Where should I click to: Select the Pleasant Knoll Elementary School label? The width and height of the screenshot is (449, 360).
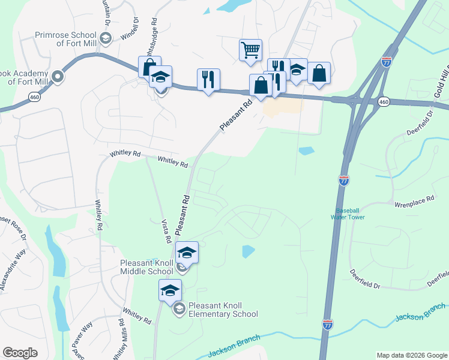click(223, 310)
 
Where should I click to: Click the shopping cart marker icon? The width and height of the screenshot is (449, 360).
click(250, 49)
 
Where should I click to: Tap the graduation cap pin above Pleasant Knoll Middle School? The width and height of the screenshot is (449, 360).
click(187, 253)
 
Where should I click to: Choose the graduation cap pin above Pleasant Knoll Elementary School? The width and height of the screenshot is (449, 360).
click(170, 290)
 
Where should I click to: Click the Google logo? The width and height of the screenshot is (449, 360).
click(20, 353)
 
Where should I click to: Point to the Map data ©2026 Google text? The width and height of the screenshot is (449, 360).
click(412, 355)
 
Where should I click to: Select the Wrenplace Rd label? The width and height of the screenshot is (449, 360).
click(414, 205)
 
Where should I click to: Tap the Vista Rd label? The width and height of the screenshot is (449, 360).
click(166, 230)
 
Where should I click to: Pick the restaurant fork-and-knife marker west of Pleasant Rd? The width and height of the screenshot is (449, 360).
click(208, 79)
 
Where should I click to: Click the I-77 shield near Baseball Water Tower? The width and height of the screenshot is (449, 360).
click(343, 180)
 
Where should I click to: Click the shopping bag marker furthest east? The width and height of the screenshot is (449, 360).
click(319, 73)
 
